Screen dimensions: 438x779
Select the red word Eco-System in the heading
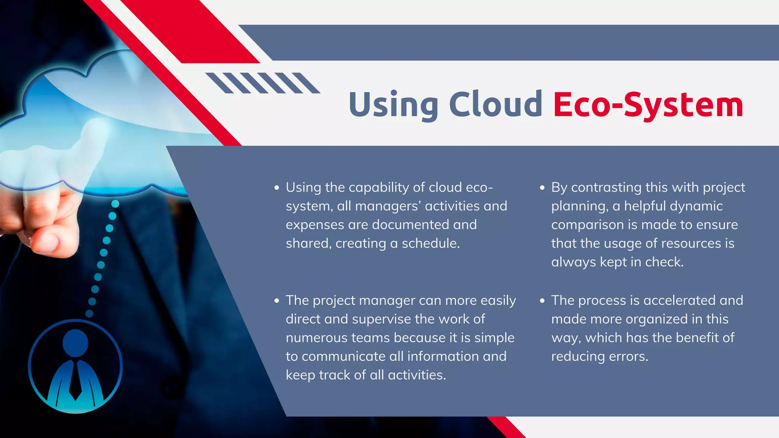coord(648,105)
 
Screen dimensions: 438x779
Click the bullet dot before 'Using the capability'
coord(277,188)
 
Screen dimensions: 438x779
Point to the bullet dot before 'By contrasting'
coord(542,188)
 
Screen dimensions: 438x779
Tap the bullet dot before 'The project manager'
coord(277,301)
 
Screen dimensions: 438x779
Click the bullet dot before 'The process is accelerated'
coord(542,301)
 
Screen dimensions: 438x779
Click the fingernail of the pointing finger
coord(46,243)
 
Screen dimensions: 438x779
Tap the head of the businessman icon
coord(75,343)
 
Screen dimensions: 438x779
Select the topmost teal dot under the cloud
coord(115,204)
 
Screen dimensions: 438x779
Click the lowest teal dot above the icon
coord(89,314)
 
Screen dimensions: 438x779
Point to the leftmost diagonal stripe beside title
coord(219,83)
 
